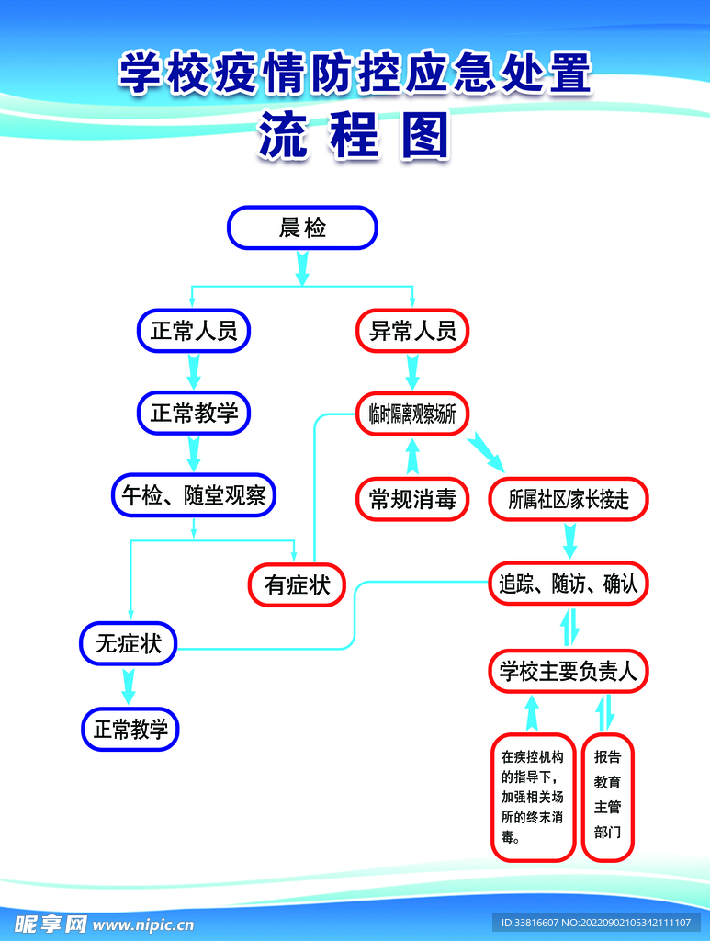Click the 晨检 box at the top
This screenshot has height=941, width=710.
302,228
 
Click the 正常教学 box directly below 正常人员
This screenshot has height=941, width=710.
194,414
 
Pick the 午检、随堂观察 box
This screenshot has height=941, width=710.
194,496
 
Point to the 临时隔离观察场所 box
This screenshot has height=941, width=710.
412,414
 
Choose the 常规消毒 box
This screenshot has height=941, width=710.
412,499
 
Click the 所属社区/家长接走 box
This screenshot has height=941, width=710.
569,499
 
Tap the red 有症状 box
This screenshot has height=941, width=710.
297,584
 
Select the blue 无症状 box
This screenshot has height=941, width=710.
129,643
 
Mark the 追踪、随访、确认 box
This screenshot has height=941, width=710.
569,583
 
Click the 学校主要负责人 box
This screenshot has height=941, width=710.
569,672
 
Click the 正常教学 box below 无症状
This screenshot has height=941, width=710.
130,730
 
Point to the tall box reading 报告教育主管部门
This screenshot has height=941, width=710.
607,797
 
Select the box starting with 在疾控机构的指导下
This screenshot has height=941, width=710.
533,797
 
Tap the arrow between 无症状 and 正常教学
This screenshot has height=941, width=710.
129,686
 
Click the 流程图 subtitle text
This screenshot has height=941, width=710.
354,138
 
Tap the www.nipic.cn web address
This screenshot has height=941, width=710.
144,924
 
